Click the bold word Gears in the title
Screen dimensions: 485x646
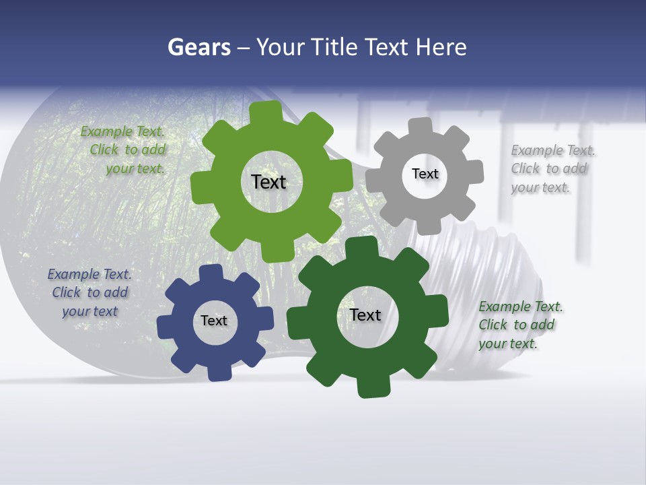(199, 47)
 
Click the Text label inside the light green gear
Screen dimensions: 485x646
(268, 182)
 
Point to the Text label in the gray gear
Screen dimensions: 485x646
(425, 174)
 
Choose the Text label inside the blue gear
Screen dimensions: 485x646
(214, 321)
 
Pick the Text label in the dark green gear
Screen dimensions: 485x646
(365, 315)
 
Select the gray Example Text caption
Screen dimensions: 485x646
(552, 168)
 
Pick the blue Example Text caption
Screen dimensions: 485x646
(89, 292)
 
